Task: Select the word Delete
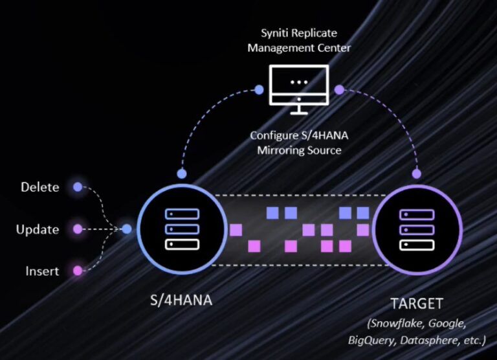40,187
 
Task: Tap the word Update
38,229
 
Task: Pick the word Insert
42,271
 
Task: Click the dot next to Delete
78,187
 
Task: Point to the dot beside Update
78,229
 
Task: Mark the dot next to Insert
78,271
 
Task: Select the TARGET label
417,303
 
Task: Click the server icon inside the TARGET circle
417,229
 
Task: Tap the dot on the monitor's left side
260,88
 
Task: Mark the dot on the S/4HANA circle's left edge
127,229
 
